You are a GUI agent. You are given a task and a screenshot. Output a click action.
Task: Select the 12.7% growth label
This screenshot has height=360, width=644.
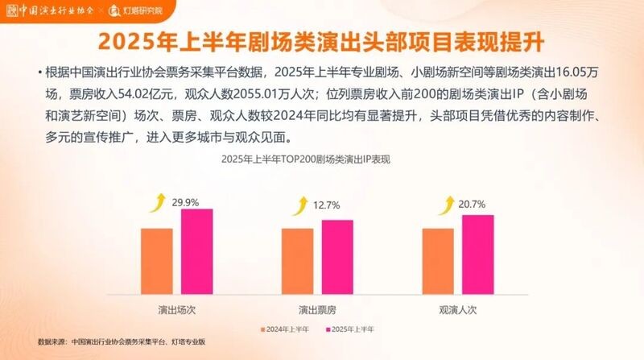tap(326, 206)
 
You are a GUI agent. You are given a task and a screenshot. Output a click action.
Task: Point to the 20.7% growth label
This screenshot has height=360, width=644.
tap(471, 204)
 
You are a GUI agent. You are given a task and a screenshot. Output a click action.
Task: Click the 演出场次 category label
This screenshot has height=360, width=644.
tap(175, 308)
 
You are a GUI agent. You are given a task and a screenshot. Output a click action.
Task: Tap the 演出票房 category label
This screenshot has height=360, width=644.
tap(317, 308)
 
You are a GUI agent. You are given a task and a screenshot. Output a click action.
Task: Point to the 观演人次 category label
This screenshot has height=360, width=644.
tap(458, 308)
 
